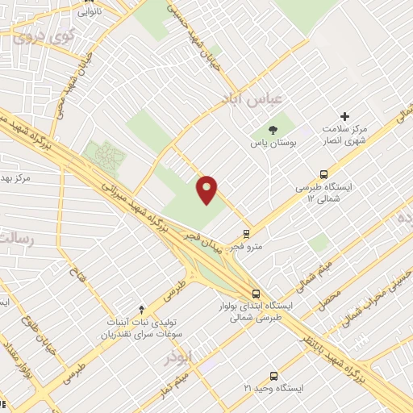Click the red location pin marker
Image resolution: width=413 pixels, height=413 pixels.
pos(208,189)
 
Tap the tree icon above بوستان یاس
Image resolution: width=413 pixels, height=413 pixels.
pos(273,129)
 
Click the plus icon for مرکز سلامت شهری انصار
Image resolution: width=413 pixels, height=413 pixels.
pos(345,117)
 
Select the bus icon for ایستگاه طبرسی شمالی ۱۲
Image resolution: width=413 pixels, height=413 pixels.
pos(324,173)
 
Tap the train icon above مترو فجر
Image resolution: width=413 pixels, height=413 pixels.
pos(247,233)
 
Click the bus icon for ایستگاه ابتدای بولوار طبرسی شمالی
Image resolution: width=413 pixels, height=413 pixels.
pos(256,294)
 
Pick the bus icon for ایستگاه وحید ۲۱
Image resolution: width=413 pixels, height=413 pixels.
pos(273,376)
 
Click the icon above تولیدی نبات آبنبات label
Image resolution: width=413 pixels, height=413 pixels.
pos(142,308)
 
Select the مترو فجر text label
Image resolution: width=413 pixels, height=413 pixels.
pos(247,247)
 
